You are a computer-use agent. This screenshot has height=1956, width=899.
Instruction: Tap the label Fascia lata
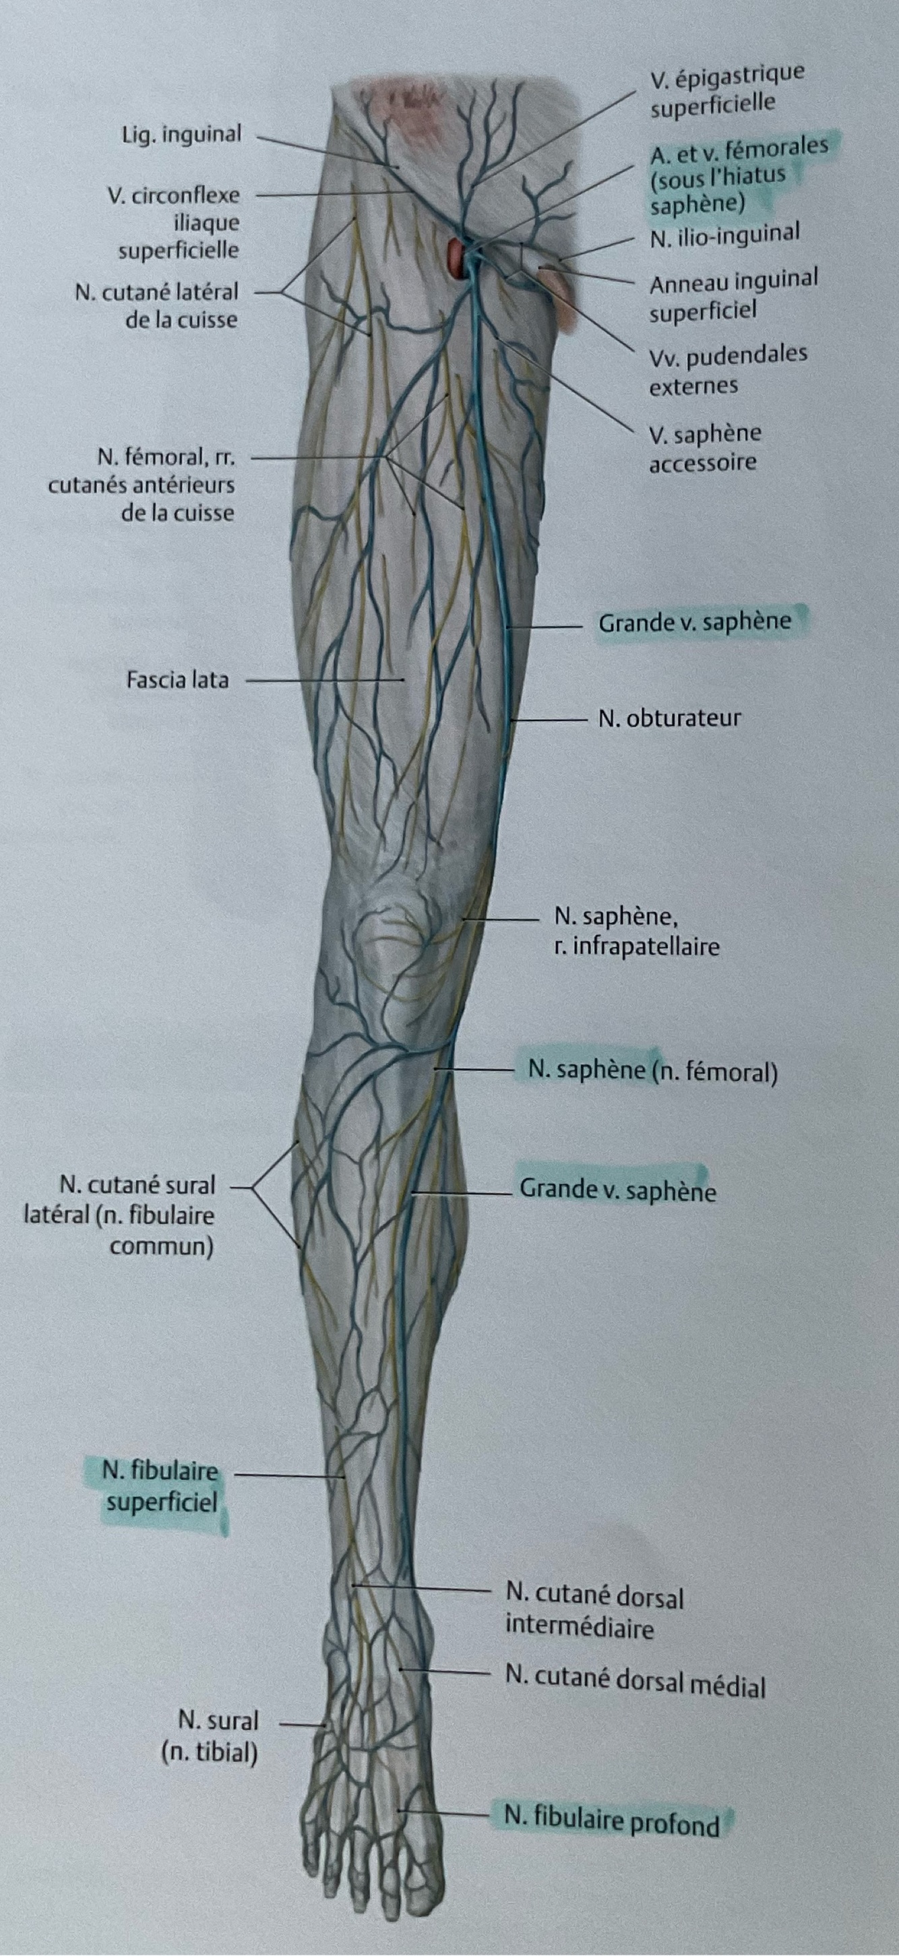click(177, 679)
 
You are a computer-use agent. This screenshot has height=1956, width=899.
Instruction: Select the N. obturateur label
click(669, 719)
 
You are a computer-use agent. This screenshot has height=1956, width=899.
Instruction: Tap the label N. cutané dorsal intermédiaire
click(594, 1613)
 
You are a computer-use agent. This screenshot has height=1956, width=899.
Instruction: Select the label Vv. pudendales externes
click(727, 370)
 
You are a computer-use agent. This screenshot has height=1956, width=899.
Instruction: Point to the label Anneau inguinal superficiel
click(733, 295)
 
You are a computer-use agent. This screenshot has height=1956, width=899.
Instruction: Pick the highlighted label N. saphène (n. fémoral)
click(652, 1072)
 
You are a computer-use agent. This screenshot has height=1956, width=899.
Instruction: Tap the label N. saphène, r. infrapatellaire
click(636, 931)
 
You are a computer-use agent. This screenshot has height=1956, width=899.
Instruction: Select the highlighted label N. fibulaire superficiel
click(161, 1487)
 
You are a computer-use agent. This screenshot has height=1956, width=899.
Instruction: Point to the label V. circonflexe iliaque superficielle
click(174, 222)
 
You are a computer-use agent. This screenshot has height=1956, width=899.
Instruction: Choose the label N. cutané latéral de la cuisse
click(156, 305)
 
